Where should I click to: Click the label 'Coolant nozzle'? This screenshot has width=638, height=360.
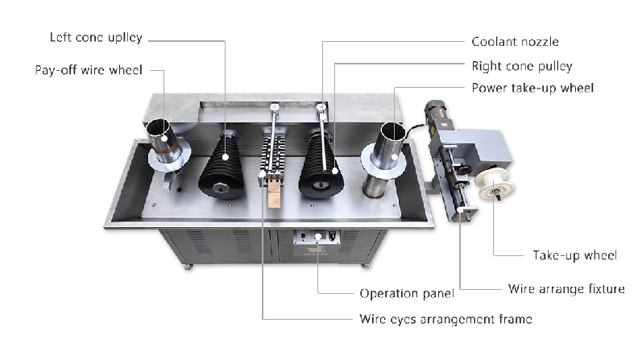pos(515,42)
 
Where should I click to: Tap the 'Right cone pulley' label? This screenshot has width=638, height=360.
pos(522,66)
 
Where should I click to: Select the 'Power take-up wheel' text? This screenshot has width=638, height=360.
pos(532,88)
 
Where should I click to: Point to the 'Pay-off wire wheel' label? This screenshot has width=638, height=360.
pos(89,70)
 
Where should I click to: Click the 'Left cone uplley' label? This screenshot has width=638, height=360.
pos(96,37)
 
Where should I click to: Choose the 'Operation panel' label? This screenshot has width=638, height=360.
pos(407,293)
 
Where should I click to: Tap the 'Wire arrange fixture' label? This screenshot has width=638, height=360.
pos(566,289)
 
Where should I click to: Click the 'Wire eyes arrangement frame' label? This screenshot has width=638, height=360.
pos(446,319)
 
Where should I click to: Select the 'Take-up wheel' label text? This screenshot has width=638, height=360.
pos(575,255)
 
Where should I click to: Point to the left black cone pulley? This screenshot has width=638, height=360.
pos(222,166)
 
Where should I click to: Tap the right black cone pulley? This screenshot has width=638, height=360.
pos(321,165)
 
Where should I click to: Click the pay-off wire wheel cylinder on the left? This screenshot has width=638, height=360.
pos(166,143)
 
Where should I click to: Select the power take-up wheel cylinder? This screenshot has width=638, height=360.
pos(384,161)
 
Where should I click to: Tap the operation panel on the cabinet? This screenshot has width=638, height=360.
pos(317,243)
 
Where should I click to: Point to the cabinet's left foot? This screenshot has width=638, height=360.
pos(187,267)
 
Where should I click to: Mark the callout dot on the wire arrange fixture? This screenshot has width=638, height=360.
pos(460,210)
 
